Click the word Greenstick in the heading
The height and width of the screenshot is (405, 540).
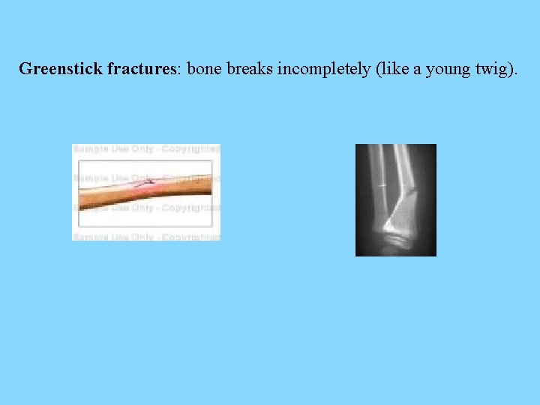pos(61,70)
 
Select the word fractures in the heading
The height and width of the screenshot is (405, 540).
pos(141,70)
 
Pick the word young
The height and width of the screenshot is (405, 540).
pos(447,70)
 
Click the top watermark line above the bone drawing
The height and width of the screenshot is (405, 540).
pos(146,149)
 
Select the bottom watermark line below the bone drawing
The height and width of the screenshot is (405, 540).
pos(146,236)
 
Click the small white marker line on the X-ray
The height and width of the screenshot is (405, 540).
pos(382,185)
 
